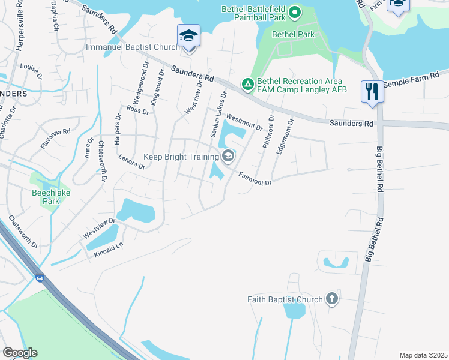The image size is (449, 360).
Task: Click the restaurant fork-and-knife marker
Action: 372,92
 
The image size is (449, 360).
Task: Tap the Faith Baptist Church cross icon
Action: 331,299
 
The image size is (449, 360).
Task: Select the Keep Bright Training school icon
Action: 228,157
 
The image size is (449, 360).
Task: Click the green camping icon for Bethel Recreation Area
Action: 247,85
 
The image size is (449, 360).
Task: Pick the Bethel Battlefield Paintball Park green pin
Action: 294,11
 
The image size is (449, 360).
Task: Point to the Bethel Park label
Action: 293,35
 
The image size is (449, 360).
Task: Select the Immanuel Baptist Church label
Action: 133,47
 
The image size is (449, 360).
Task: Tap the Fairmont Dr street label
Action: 255,178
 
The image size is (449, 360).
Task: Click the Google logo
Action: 20,353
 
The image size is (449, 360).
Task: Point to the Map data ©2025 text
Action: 423,355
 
